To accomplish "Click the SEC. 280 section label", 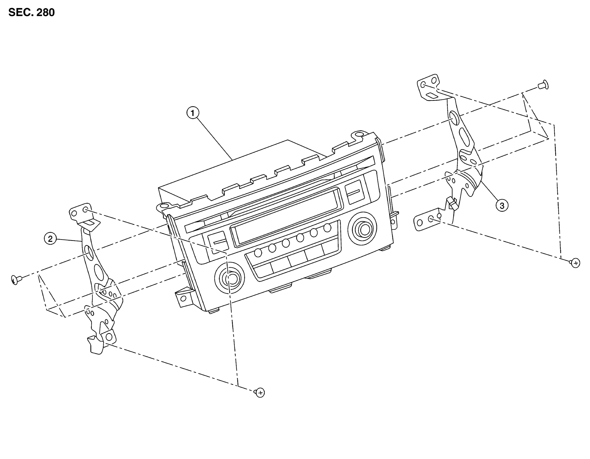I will [32, 12].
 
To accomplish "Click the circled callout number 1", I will [193, 113].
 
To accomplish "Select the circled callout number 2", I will [50, 239].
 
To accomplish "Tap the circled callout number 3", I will [502, 205].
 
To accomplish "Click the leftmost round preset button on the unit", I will [258, 253].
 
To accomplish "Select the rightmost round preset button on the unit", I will [327, 228].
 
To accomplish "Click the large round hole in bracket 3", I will [454, 118].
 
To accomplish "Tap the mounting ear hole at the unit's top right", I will [359, 135].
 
